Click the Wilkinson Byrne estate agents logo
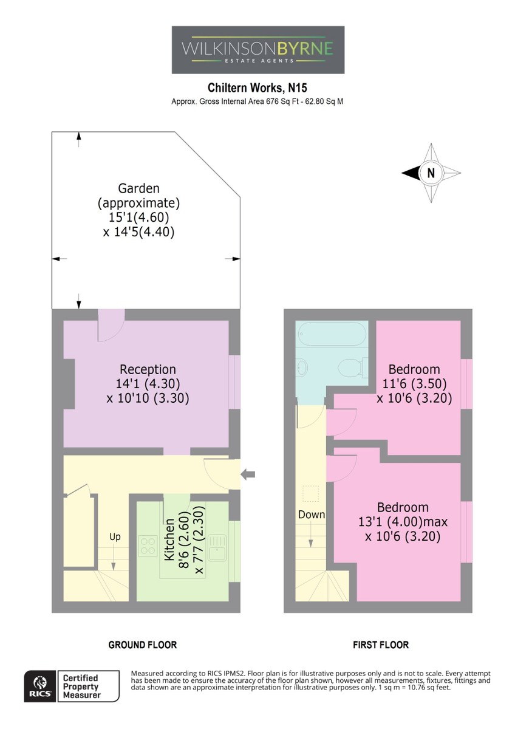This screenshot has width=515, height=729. point(257,50)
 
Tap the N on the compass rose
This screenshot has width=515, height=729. point(431,173)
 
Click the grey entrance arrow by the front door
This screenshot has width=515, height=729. point(248,475)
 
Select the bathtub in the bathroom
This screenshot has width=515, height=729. point(332,334)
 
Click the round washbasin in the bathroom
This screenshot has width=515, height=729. point(302,368)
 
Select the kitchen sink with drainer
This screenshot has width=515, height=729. point(217,549)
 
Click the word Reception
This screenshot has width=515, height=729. point(148,369)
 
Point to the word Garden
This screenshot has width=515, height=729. point(138,188)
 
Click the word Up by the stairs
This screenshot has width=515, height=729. point(115,537)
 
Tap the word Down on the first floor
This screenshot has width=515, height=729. point(312,515)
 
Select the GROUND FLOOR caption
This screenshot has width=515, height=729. point(143,645)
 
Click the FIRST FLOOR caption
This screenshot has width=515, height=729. point(381,645)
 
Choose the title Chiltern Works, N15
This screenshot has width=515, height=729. point(257,87)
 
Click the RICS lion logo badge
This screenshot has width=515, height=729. point(41,686)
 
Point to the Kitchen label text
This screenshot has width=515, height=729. point(169,539)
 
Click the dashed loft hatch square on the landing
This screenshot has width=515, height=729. point(311,494)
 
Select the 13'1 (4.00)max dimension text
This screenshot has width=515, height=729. point(403,522)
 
